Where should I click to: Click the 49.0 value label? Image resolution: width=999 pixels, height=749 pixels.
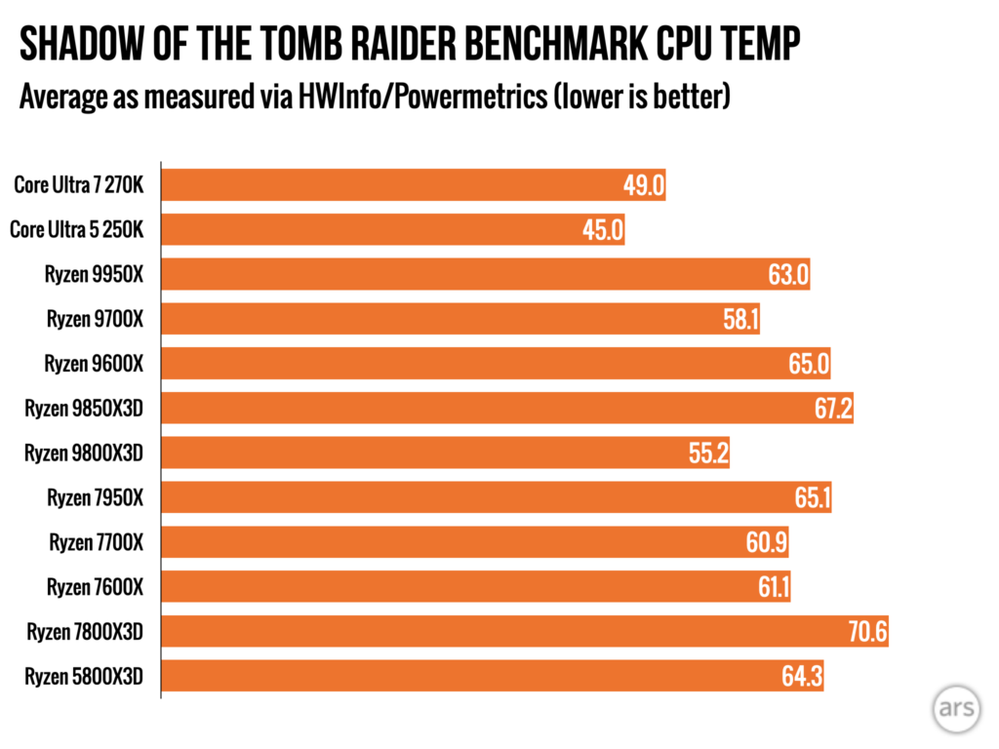click(x=644, y=185)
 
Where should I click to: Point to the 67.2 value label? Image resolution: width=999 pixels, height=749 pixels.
click(x=833, y=409)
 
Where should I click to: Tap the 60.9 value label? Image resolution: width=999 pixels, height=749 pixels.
click(x=767, y=542)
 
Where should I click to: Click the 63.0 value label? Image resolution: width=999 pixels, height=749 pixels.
click(x=788, y=275)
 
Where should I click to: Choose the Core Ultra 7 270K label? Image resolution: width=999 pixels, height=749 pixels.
click(x=79, y=185)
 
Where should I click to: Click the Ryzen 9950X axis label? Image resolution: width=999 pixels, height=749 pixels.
click(x=94, y=275)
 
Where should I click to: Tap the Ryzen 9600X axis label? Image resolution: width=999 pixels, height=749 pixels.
click(x=94, y=364)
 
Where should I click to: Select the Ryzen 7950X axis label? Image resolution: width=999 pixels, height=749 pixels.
click(x=95, y=497)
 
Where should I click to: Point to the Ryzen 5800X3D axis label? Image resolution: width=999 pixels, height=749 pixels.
click(x=85, y=676)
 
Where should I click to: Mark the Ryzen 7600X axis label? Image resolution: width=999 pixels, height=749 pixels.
click(x=95, y=587)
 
